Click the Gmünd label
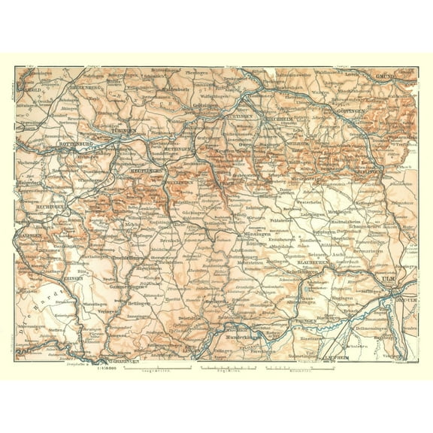click(x=384, y=77)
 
